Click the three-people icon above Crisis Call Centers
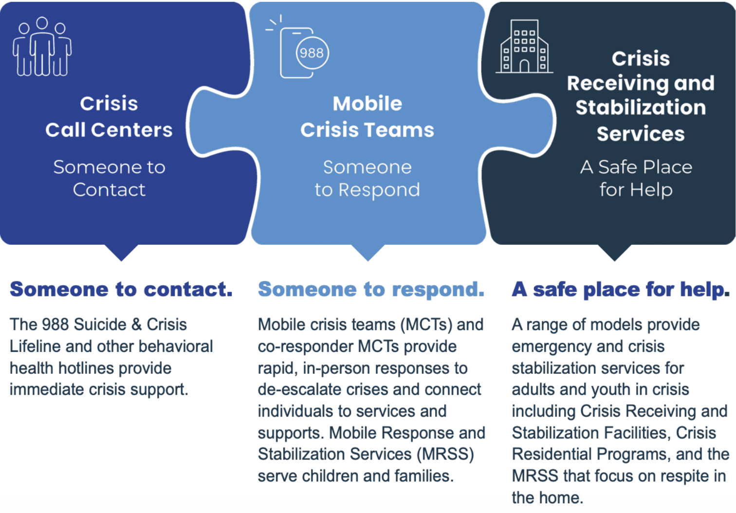[x=42, y=47]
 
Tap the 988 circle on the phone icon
[x=312, y=53]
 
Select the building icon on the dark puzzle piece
[x=524, y=47]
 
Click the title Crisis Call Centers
[x=109, y=117]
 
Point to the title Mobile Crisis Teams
[x=367, y=117]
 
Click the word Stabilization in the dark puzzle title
[x=641, y=108]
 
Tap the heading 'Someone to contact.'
[x=121, y=289]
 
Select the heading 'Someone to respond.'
[x=371, y=289]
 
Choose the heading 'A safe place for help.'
[x=621, y=289]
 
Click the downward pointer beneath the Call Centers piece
[x=121, y=252]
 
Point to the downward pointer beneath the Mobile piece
[x=368, y=252]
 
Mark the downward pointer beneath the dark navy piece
[x=614, y=252]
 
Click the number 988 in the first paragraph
[x=55, y=325]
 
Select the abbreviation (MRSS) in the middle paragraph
[x=445, y=454]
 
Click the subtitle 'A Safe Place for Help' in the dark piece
[x=636, y=178]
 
